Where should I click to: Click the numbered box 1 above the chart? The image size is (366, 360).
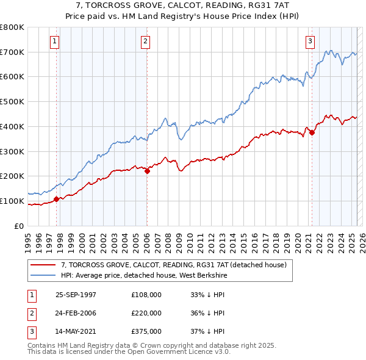[55, 41]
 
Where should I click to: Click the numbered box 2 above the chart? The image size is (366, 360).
[146, 41]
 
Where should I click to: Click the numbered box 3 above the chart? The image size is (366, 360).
[310, 41]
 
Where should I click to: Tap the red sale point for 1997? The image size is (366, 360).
[57, 198]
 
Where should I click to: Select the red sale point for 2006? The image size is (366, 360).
[148, 171]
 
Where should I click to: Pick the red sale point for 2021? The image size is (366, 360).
[312, 132]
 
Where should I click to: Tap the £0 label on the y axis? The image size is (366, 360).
[20, 226]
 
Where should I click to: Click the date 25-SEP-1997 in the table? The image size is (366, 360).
[76, 295]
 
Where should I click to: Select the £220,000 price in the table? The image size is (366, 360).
[146, 313]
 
